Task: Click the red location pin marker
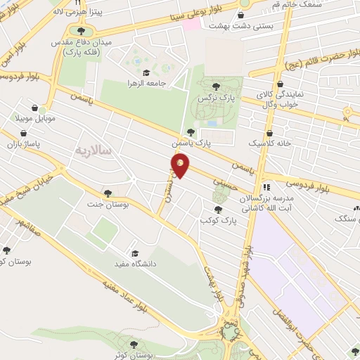point(180,165)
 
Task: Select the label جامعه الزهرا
point(166,82)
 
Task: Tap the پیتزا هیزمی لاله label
point(77,13)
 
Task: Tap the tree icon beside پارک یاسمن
point(191,131)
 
